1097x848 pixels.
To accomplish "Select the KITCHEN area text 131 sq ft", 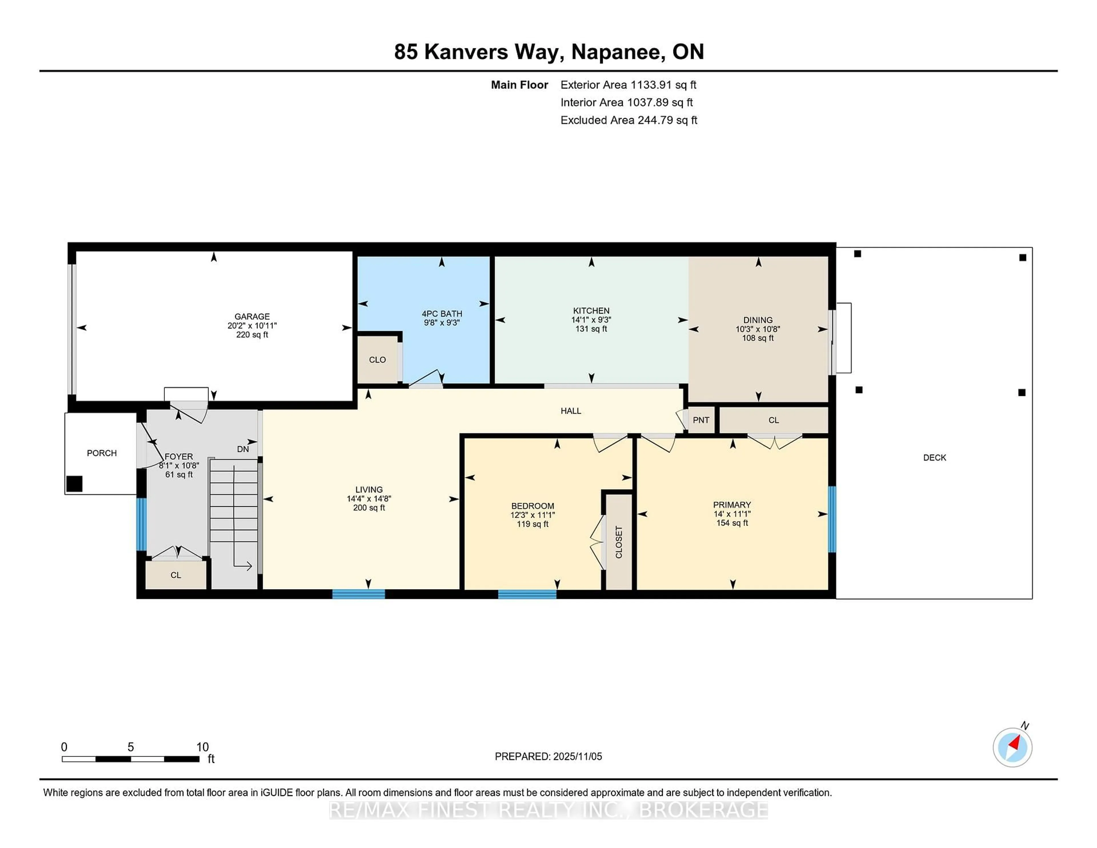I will [x=591, y=329].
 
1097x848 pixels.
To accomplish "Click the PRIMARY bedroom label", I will [x=732, y=505].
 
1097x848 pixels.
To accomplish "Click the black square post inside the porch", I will [x=74, y=484].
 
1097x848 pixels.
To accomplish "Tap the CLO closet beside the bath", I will [x=377, y=360].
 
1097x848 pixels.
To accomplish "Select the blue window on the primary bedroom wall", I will [x=832, y=519].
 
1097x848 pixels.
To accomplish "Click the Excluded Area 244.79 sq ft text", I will [x=628, y=120].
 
